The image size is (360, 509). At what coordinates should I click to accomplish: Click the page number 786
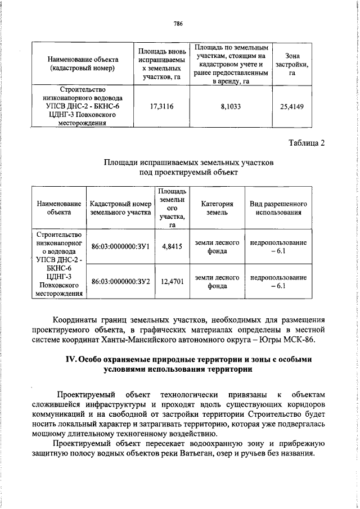(x=179, y=23)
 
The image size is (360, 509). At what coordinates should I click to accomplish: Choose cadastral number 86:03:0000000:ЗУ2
(x=120, y=281)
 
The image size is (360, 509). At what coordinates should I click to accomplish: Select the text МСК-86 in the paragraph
(x=311, y=340)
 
